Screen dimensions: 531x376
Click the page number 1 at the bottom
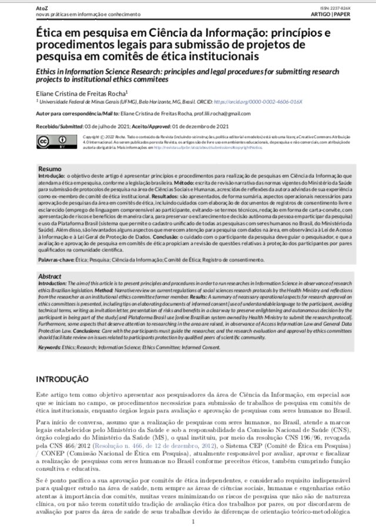click(193, 520)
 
